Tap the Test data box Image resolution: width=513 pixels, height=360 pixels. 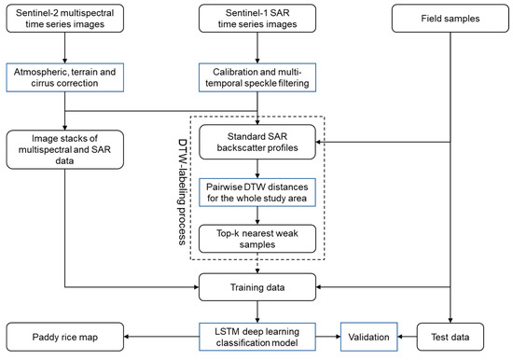click(x=451, y=333)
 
